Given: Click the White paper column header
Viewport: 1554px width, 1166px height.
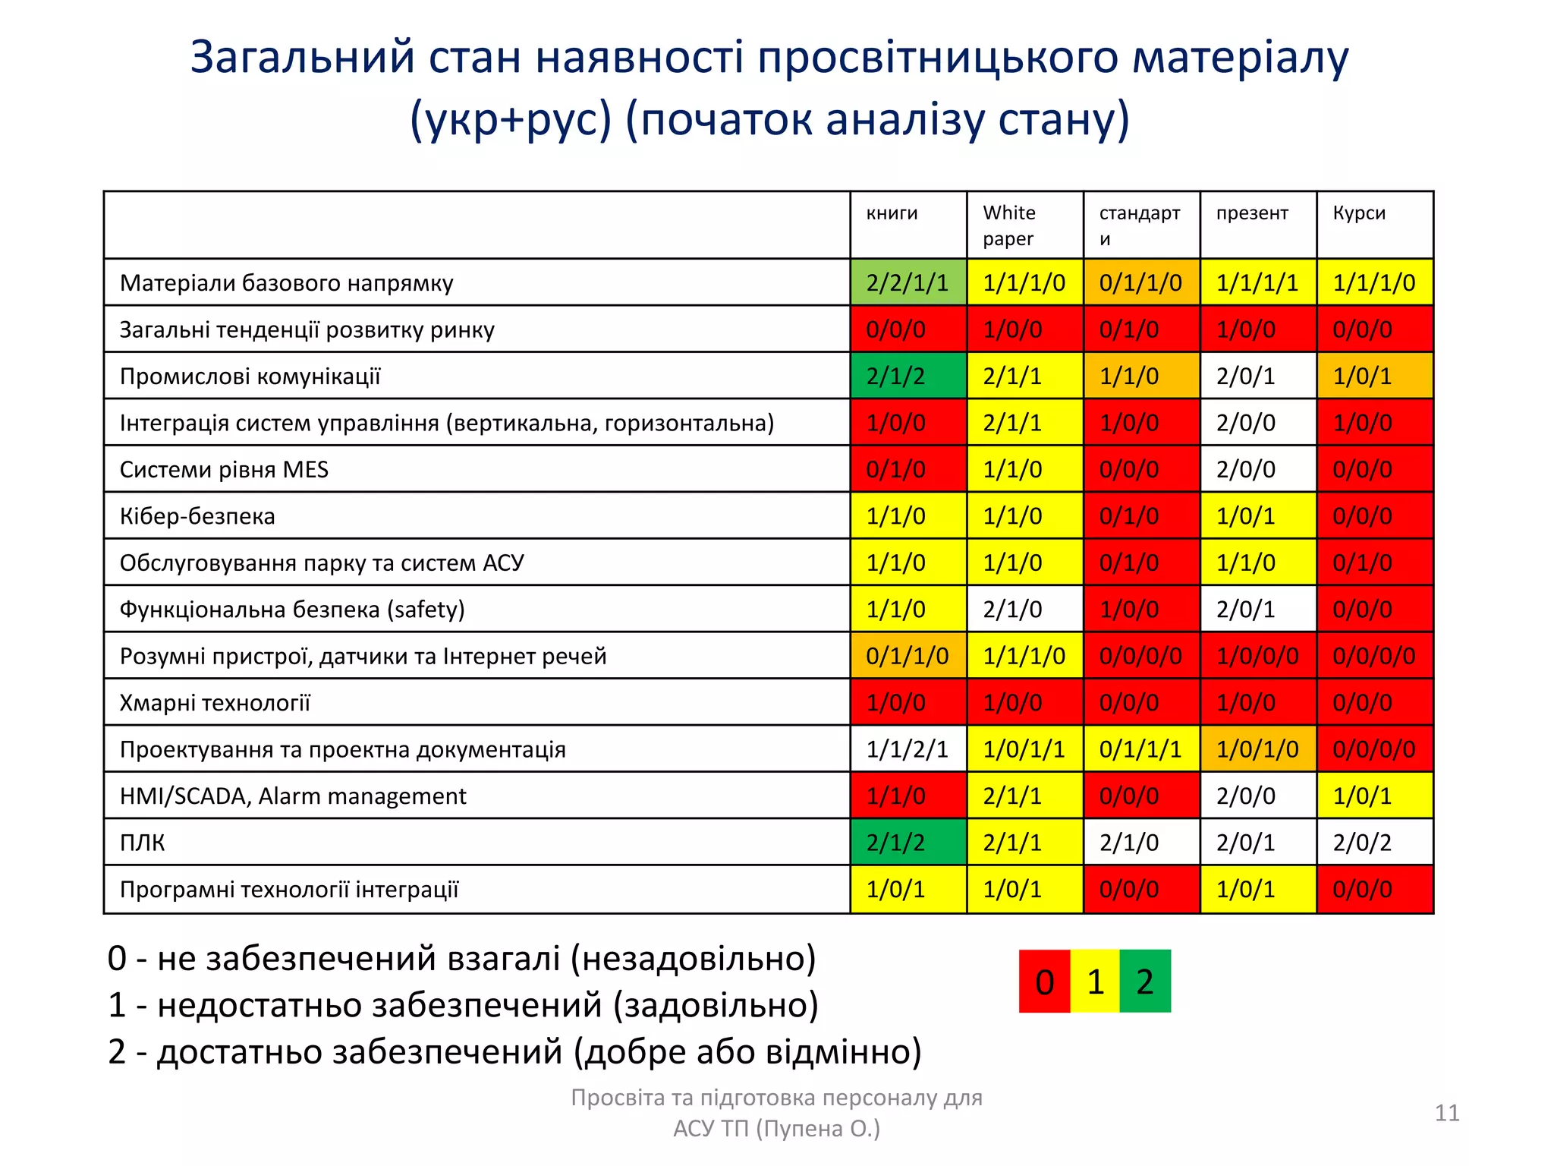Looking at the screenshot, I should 1008,225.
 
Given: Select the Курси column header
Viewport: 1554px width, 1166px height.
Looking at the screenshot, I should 1359,213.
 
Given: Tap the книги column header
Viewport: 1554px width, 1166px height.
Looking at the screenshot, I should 892,213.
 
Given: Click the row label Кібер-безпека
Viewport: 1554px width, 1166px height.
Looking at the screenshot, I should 197,516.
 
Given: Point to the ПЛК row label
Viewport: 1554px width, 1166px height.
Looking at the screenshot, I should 143,843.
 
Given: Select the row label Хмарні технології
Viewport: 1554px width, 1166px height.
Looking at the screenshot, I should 215,703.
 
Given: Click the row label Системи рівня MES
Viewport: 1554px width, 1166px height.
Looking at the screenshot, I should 224,470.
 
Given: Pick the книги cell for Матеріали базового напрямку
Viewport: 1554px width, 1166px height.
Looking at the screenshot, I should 908,283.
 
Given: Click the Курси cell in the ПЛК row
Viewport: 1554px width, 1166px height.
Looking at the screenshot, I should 1374,843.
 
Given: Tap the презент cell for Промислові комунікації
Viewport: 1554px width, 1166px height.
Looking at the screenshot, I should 1257,377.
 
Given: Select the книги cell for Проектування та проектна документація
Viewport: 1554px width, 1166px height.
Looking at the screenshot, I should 908,750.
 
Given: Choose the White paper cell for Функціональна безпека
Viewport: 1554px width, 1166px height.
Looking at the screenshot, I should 1024,610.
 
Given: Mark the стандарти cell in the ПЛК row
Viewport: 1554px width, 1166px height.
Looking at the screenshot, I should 1140,843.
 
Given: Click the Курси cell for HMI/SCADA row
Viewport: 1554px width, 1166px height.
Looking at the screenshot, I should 1374,796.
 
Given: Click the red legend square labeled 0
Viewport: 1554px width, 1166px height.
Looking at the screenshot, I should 1044,982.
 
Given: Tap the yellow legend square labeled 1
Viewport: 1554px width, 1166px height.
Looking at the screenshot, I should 1095,982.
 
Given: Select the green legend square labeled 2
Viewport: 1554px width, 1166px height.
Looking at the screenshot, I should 1145,982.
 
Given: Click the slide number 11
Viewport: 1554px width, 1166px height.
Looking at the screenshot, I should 1447,1113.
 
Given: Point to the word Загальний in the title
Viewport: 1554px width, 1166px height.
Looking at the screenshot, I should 302,58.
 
